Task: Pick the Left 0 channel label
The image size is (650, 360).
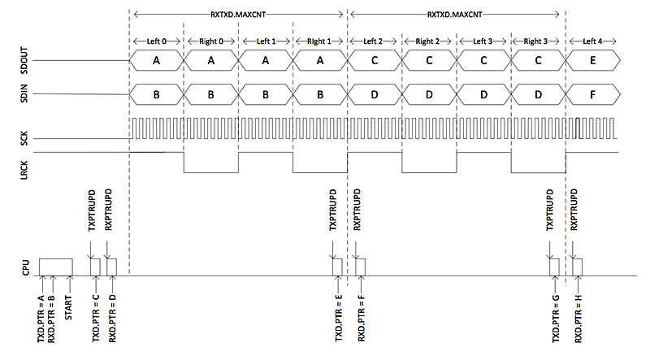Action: [x=157, y=41]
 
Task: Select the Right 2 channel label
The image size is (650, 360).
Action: [x=429, y=41]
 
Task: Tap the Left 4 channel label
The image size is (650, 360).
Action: [x=592, y=41]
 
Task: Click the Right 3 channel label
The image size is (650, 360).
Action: [x=538, y=41]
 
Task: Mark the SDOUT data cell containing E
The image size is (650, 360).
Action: [x=592, y=60]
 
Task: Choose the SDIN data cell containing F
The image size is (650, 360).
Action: [x=592, y=95]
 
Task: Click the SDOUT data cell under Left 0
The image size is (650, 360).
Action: [x=157, y=60]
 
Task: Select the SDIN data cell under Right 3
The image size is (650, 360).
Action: [x=538, y=95]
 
